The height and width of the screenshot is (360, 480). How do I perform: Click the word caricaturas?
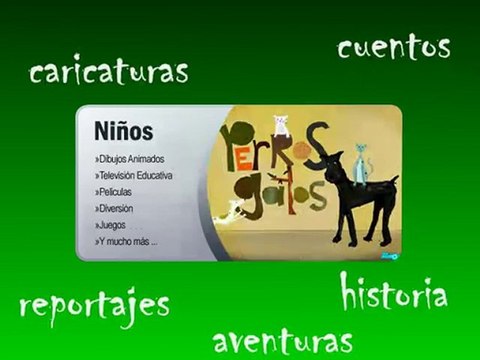(x=109, y=71)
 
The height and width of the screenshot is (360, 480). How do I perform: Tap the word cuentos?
(x=393, y=46)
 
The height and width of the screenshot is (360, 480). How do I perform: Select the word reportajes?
(x=95, y=305)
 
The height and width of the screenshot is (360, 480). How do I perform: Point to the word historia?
(x=392, y=292)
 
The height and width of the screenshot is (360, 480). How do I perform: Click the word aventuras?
(x=283, y=340)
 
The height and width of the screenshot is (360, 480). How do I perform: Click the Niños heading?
(x=123, y=131)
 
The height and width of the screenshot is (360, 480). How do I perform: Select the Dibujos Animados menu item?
(x=130, y=159)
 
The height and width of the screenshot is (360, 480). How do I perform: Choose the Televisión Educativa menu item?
(x=134, y=175)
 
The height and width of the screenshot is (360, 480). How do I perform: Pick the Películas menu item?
(x=113, y=191)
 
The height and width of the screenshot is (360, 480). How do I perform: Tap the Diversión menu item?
(x=114, y=208)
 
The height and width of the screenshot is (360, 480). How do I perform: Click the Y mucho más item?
(x=125, y=241)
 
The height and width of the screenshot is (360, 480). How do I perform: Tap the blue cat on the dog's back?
(x=360, y=159)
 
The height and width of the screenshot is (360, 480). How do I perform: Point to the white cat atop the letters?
(x=281, y=124)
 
